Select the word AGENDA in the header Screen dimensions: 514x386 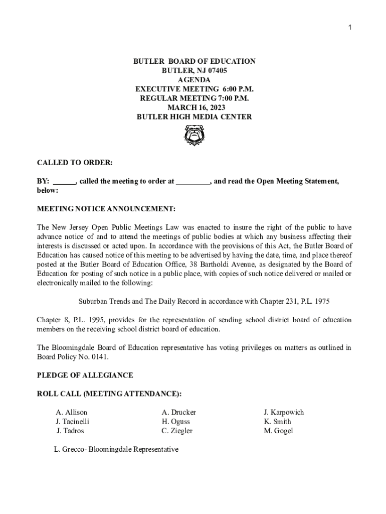click(x=194, y=80)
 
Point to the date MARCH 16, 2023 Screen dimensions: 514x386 click(x=194, y=107)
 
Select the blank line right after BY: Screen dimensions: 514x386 click(x=64, y=182)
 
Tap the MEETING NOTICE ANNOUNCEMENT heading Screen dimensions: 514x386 click(x=106, y=208)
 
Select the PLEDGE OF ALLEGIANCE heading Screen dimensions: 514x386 click(x=85, y=375)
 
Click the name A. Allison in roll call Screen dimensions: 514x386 click(x=71, y=413)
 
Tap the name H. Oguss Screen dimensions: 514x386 click(x=175, y=422)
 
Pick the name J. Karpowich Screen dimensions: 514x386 click(x=284, y=413)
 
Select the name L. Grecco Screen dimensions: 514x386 click(x=70, y=450)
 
